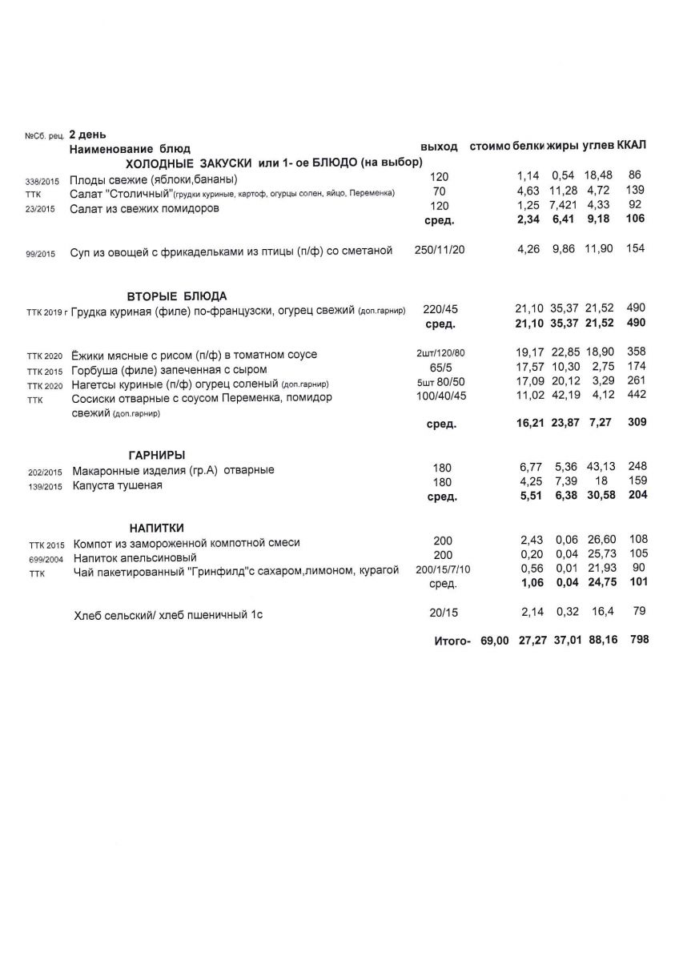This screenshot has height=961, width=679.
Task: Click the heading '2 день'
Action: (88, 135)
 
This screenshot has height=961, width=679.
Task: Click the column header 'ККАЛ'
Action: (632, 146)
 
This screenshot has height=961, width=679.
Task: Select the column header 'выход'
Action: (439, 147)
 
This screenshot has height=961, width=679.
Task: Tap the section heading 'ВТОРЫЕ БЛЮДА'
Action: (177, 296)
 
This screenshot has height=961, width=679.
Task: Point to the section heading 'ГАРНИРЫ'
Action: (158, 455)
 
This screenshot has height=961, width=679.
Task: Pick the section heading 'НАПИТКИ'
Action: (157, 528)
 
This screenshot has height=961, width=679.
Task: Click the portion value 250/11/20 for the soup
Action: (440, 251)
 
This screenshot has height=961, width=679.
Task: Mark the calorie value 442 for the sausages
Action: (637, 396)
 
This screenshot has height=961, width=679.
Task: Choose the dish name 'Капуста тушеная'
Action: (118, 486)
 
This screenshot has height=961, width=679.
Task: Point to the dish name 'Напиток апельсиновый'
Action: (135, 557)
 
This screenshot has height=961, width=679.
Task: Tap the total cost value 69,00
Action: (494, 641)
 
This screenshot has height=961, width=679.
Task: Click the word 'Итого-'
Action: (451, 641)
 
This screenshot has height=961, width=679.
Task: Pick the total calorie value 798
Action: (638, 640)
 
